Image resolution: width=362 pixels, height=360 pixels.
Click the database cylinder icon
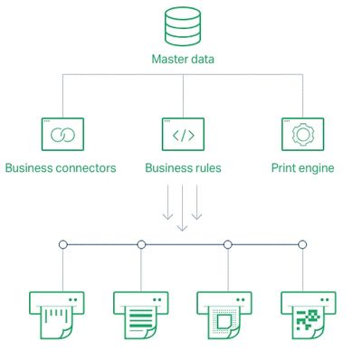pyautogui.click(x=183, y=26)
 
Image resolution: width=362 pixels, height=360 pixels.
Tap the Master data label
pyautogui.click(x=183, y=59)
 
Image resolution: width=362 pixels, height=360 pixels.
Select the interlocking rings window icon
pyautogui.click(x=62, y=134)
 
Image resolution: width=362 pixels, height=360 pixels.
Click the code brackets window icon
pyautogui.click(x=183, y=134)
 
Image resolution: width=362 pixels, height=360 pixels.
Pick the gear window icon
pyautogui.click(x=303, y=134)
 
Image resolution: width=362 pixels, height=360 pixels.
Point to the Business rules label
pyautogui.click(x=183, y=168)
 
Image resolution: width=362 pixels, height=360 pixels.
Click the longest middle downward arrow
pyautogui.click(x=182, y=208)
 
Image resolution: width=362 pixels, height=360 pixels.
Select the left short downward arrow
pyautogui.click(x=167, y=202)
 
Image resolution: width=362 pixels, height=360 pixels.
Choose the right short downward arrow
pyautogui.click(x=196, y=202)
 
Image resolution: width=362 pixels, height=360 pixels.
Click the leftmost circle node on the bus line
pyautogui.click(x=63, y=244)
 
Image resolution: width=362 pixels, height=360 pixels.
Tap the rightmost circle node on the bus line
pyautogui.click(x=302, y=244)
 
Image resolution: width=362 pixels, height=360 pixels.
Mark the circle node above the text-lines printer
pyautogui.click(x=141, y=244)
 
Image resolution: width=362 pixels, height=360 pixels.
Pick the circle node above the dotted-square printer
pyautogui.click(x=228, y=244)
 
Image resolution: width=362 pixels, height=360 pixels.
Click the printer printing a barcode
pyautogui.click(x=57, y=315)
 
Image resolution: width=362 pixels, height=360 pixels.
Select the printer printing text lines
pyautogui.click(x=141, y=315)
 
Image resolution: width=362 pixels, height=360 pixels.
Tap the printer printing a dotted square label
pyautogui.click(x=224, y=315)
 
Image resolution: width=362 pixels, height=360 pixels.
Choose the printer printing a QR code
pyautogui.click(x=309, y=315)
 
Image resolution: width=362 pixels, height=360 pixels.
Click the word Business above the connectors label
pyautogui.click(x=29, y=168)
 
